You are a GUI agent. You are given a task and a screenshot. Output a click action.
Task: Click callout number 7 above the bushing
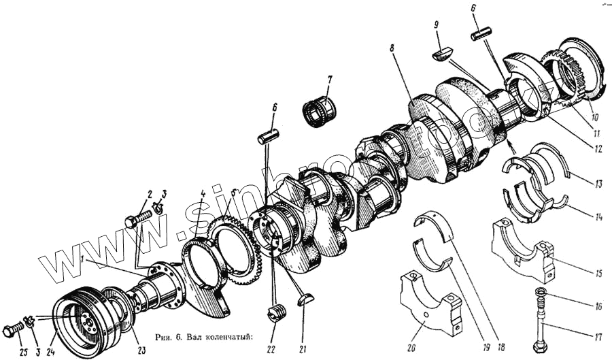[x=329, y=80]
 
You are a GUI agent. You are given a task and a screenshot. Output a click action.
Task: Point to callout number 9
[x=437, y=26]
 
